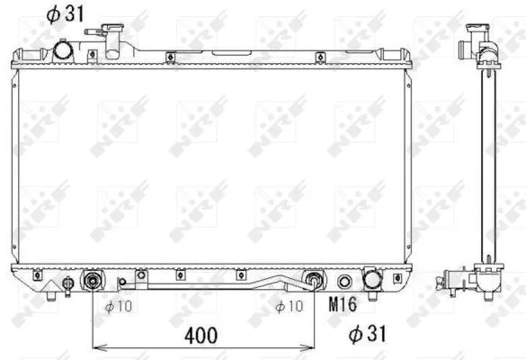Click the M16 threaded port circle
[344, 280]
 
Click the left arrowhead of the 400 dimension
[97, 347]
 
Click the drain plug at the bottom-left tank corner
[52, 292]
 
